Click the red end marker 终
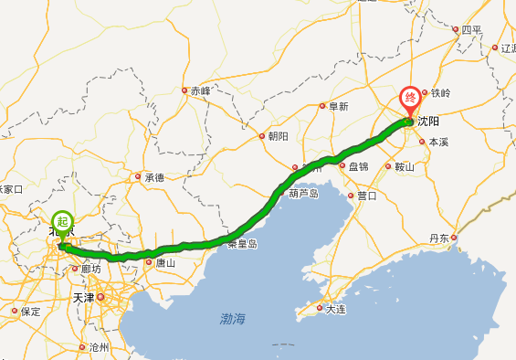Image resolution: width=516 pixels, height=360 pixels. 410,97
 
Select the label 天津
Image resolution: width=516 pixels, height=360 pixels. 83,298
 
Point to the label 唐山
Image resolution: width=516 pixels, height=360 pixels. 164,263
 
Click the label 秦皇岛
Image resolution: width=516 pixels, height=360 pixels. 243,244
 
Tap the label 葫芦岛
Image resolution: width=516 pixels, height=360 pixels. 303,194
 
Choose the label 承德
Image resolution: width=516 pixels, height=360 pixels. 153,177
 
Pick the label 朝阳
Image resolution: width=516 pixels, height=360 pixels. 278,136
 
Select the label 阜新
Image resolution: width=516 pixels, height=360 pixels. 338,106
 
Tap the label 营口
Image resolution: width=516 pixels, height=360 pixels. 366,196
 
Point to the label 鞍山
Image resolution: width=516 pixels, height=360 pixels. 404,167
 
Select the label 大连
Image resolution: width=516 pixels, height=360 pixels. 336,310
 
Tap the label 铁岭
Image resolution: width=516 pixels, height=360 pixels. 441,93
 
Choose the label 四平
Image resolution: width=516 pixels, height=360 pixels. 470,29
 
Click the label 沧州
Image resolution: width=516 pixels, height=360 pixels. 99,348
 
